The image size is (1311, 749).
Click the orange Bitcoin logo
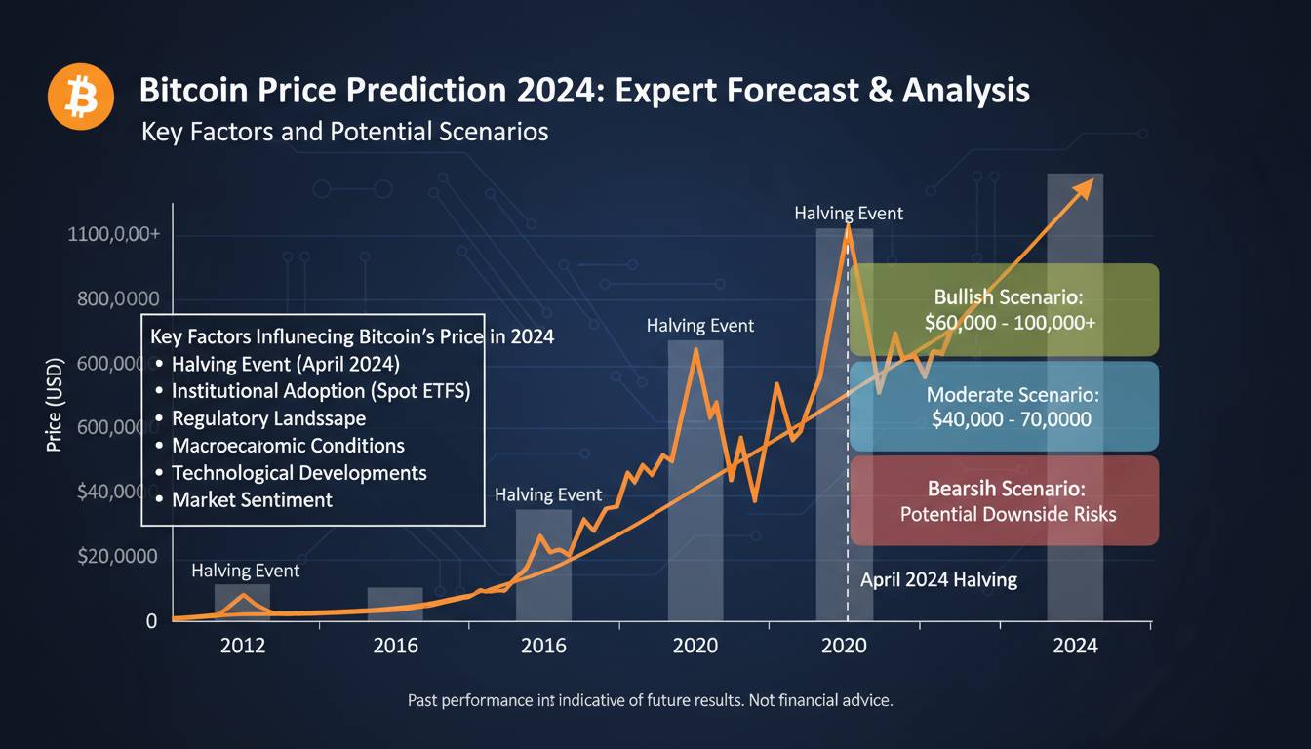point(82,97)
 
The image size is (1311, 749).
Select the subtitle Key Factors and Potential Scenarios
point(344,131)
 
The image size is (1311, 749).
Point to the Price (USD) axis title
point(55,405)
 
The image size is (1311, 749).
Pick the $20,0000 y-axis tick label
point(117,556)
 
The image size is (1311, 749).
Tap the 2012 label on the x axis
point(243,646)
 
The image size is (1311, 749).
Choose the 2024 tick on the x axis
point(1075,646)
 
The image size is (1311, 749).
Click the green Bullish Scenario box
point(1004,309)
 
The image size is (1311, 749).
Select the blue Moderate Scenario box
point(1004,407)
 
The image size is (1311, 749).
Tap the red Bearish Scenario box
point(1004,500)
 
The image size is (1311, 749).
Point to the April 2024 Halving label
point(938,580)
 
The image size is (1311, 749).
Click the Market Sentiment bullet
point(252,500)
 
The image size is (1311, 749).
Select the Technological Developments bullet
point(298,473)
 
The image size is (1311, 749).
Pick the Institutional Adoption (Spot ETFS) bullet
point(320,391)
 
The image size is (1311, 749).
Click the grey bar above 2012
point(242,602)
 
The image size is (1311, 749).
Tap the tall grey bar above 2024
point(1075,390)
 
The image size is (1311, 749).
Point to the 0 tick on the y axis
point(151,621)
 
